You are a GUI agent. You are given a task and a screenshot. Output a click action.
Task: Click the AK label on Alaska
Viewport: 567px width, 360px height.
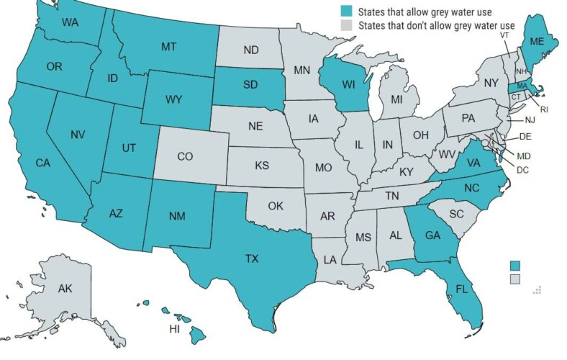(x=65, y=289)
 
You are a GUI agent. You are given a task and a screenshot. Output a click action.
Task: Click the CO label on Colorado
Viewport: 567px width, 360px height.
(x=184, y=156)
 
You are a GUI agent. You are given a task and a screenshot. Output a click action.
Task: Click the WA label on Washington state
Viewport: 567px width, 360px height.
(x=70, y=22)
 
